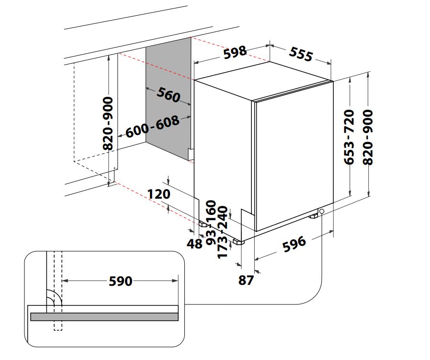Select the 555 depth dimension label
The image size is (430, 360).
pos(301,54)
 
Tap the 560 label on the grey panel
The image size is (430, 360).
pos(169,94)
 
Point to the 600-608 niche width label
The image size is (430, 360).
pos(153,126)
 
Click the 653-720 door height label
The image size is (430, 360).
pos(349,137)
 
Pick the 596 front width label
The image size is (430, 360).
pos(294,244)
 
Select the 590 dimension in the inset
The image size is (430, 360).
pos(121,281)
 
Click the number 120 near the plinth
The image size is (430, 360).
pos(159,194)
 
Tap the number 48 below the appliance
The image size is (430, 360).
pos(194,244)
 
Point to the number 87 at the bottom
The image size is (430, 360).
pos(246,280)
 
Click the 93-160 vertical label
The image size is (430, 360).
pos(211,223)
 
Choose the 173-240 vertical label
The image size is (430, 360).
pos(222,232)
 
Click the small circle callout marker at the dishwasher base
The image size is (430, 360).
pos(321,211)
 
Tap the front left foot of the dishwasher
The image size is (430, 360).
pos(238,242)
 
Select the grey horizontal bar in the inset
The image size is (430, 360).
pos(104,317)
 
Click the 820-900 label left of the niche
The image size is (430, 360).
pos(108,123)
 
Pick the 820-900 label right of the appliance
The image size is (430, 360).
pos(368,137)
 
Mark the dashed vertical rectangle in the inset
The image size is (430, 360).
pos(58,291)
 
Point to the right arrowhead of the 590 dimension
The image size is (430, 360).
pos(175,281)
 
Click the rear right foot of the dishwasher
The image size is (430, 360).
pos(313,216)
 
